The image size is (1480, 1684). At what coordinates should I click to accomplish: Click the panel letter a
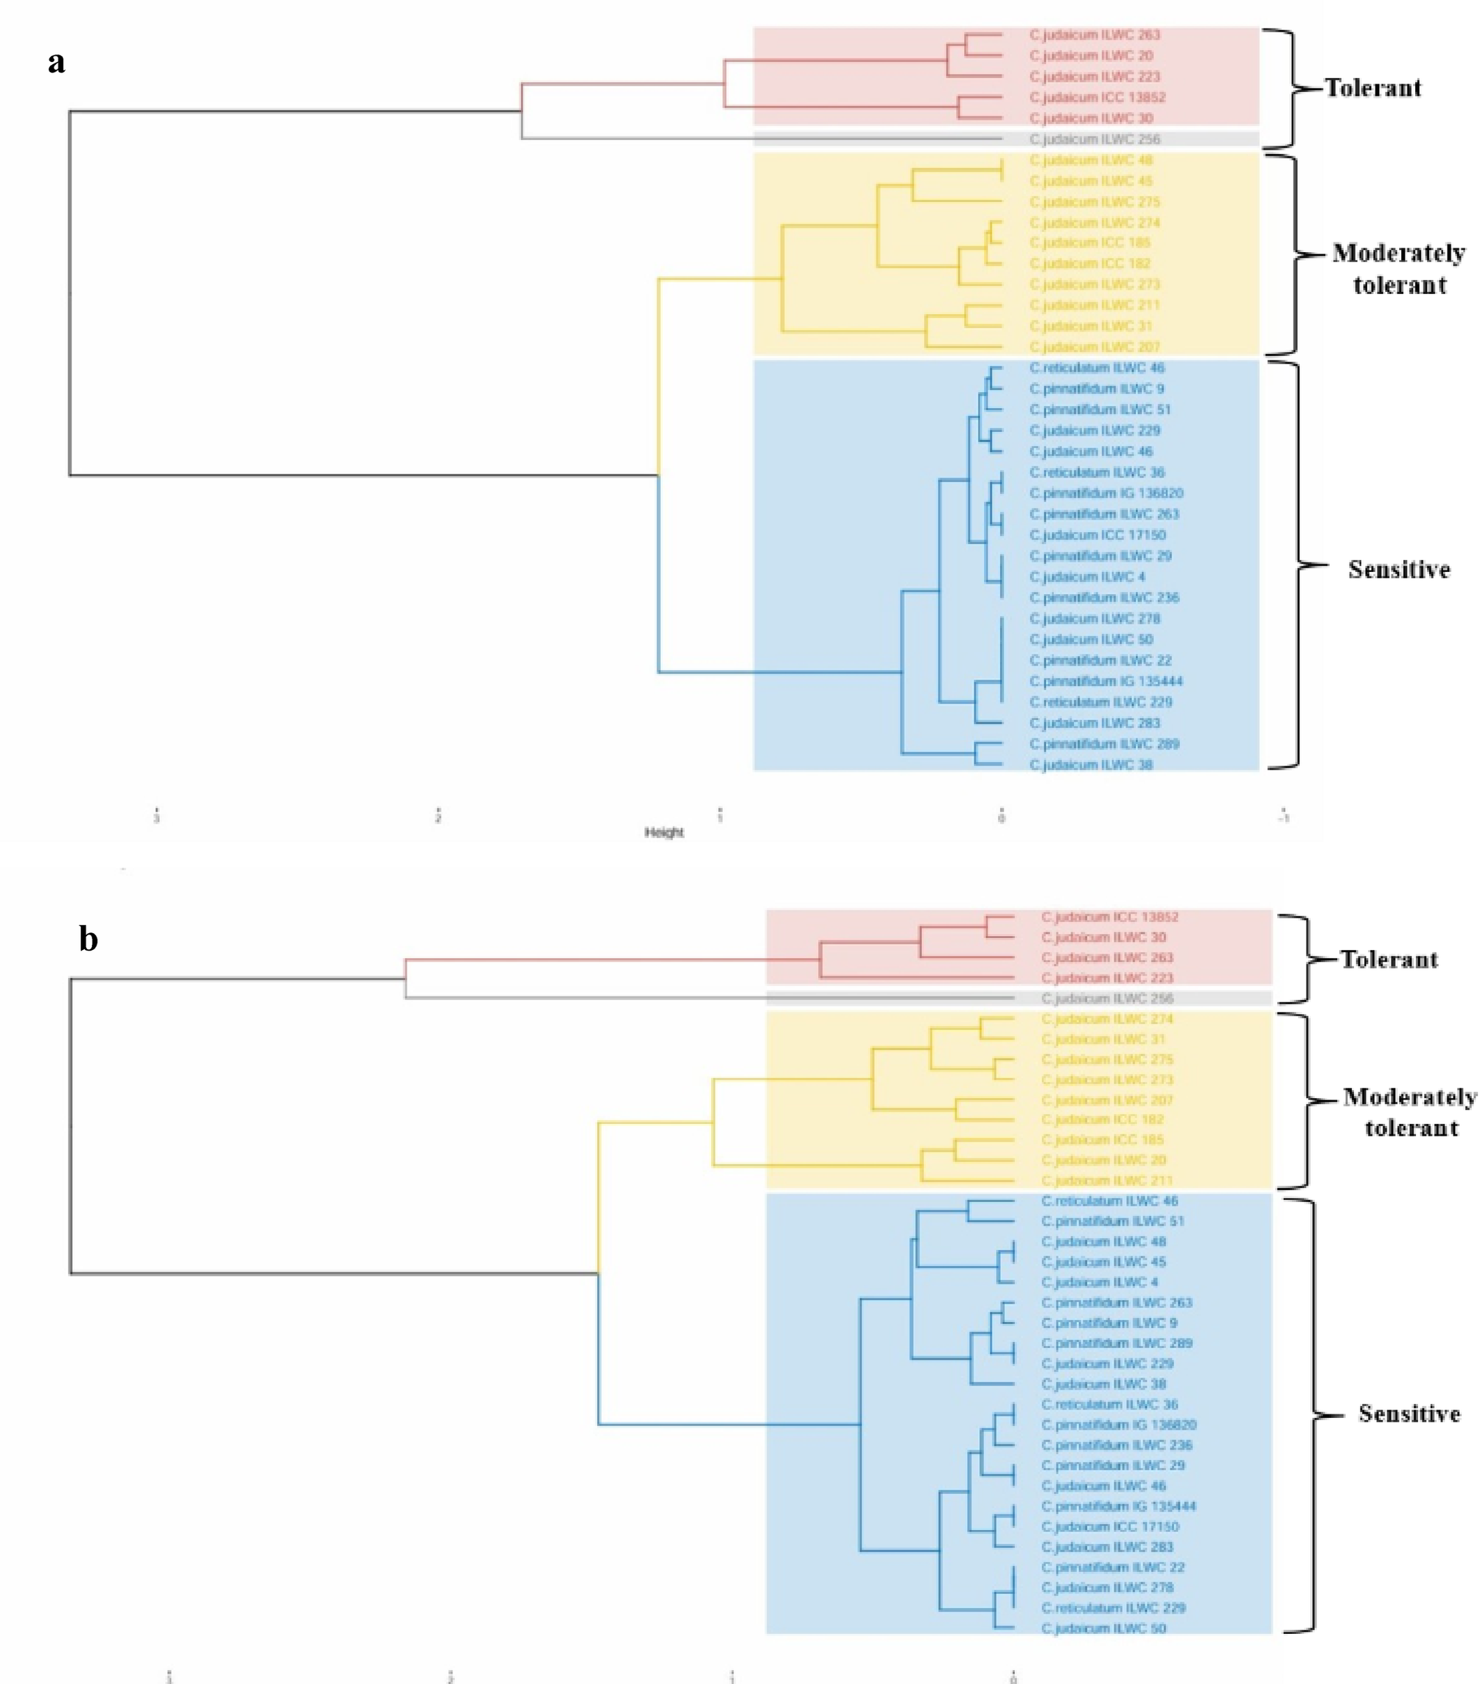coord(56,63)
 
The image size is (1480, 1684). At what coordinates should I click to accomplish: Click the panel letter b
coord(88,939)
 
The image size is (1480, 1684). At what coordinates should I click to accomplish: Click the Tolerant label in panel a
coord(1373,88)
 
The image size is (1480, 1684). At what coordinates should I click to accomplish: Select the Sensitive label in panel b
coord(1409,1414)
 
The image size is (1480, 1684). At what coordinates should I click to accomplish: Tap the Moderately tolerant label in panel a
coord(1399,268)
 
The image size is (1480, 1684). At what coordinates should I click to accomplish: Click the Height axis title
coord(664,833)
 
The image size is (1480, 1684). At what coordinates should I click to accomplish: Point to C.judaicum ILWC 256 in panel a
coord(1095,139)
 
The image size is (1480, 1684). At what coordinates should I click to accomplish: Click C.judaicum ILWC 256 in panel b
coord(1107,999)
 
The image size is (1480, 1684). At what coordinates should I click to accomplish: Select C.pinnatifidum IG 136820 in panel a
coord(1106,494)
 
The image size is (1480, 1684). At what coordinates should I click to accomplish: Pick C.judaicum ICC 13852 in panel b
coord(1109,917)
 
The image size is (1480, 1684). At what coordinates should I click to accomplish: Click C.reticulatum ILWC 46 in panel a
coord(1097,368)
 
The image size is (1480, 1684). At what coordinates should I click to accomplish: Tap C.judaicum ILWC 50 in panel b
coord(1103,1629)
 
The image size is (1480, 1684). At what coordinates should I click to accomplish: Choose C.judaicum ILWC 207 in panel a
coord(1095,347)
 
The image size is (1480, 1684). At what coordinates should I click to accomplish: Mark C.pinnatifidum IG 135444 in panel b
coord(1118,1506)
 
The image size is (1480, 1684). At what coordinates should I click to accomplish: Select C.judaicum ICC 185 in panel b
coord(1103,1140)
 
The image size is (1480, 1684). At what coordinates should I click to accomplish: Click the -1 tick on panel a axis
coord(1284,817)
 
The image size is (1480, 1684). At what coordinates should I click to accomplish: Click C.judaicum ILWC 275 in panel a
coord(1095,202)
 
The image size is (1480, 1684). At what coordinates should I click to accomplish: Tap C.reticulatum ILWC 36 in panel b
coord(1109,1405)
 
